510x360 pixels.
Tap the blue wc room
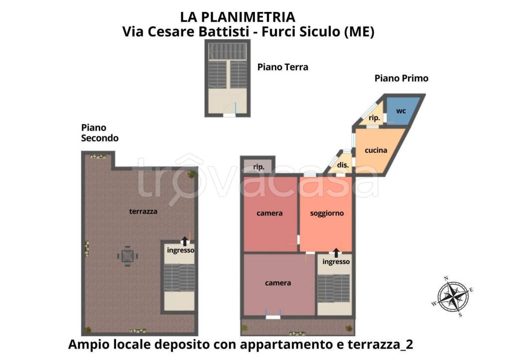pyautogui.click(x=401, y=112)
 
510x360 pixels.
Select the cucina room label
pyautogui.click(x=376, y=150)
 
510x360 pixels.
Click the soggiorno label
pyautogui.click(x=327, y=213)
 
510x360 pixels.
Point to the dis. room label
pyautogui.click(x=342, y=165)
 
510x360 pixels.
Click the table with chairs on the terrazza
pyautogui.click(x=127, y=256)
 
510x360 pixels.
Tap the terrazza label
pyautogui.click(x=143, y=211)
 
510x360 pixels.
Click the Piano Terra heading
pyautogui.click(x=282, y=67)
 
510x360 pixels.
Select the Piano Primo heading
pyautogui.click(x=401, y=78)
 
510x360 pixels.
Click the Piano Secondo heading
pyautogui.click(x=100, y=133)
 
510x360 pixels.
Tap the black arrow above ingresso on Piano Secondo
pyautogui.click(x=185, y=241)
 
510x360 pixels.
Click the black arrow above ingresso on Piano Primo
pyautogui.click(x=337, y=252)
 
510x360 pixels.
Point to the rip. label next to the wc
pyautogui.click(x=374, y=118)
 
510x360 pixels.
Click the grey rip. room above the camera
pyautogui.click(x=258, y=166)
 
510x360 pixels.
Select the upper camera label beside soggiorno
pyautogui.click(x=269, y=213)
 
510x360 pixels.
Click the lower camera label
pyautogui.click(x=278, y=283)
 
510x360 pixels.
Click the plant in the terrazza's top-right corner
pyautogui.click(x=191, y=174)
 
